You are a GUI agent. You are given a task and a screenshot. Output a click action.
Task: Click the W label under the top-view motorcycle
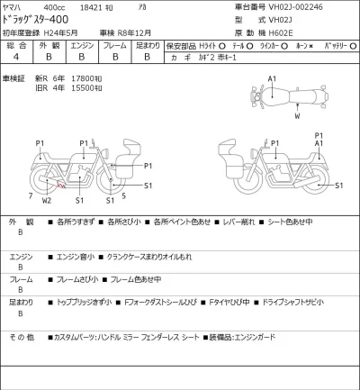[296, 116]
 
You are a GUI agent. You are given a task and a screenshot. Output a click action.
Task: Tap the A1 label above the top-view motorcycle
[272, 80]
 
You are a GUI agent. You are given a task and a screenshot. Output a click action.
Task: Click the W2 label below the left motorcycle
[47, 200]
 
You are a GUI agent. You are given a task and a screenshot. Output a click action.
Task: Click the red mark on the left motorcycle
[60, 187]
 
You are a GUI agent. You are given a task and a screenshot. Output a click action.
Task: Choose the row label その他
[22, 338]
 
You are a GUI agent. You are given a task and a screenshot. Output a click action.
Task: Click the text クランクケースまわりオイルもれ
[150, 258]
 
